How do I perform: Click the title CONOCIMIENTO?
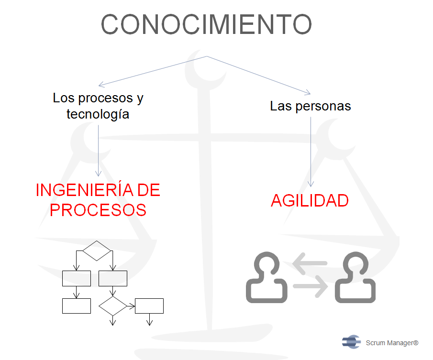coord(206,24)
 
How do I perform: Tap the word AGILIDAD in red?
coord(310,200)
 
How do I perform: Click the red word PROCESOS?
coord(98,210)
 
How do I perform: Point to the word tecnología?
coord(98,114)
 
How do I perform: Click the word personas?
coord(323,107)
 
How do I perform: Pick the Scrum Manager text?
coord(392,343)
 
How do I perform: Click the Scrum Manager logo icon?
coord(352,342)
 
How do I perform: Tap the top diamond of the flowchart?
coord(97,251)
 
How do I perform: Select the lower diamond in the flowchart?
coord(112,306)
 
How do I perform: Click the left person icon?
coord(266,277)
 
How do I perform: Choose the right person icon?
coord(355,277)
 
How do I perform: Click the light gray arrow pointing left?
coord(310,263)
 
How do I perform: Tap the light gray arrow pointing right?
coord(311,286)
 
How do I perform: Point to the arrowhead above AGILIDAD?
coord(311,184)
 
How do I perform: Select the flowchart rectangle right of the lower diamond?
coord(149,306)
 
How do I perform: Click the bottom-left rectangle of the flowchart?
coord(77,306)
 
